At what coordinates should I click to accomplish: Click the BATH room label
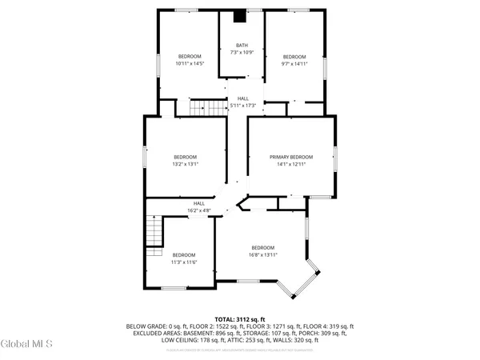[242, 46]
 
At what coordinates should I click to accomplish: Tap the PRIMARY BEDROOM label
[290, 157]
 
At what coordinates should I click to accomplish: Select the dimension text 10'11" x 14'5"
[190, 62]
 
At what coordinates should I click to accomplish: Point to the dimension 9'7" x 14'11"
[294, 62]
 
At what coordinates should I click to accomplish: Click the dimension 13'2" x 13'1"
[185, 164]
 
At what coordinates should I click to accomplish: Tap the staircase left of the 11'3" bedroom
[151, 233]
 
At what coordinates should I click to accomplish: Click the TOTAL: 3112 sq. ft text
[240, 319]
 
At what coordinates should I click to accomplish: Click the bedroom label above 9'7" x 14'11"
[294, 56]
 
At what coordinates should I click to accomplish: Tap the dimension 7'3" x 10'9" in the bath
[242, 53]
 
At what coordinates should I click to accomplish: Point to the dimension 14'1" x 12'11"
[290, 164]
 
